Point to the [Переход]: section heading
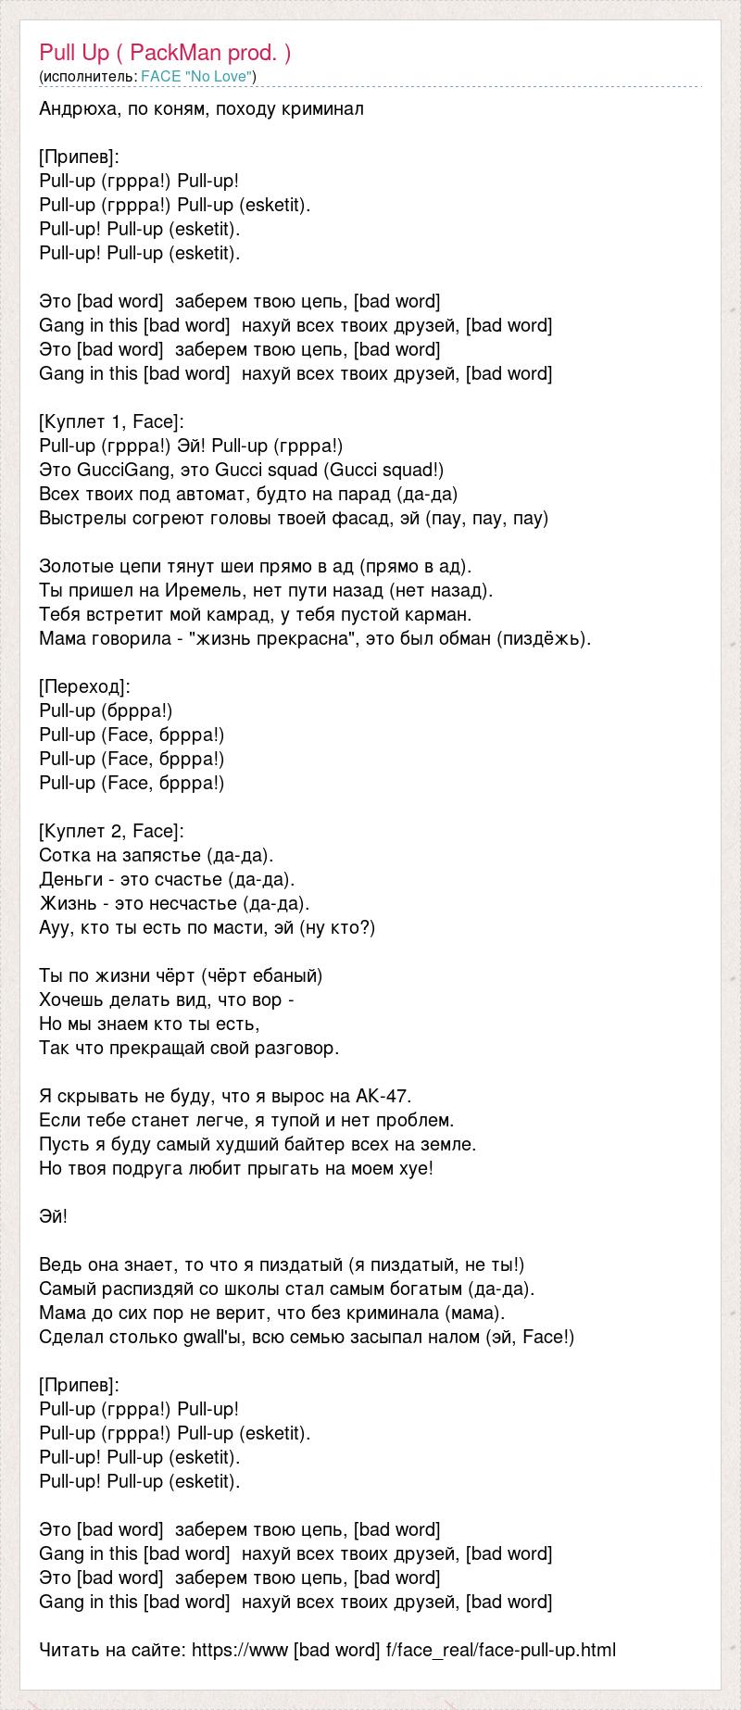(x=85, y=686)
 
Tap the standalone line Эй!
(x=54, y=1216)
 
